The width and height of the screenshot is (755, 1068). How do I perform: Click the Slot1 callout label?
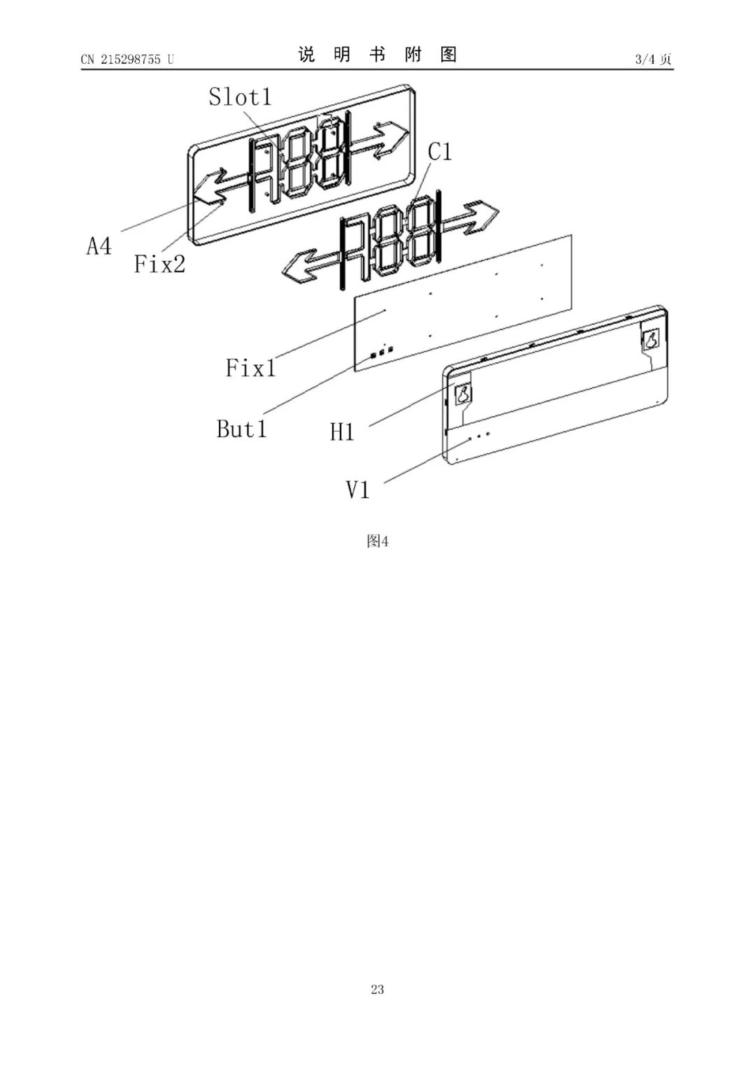[x=240, y=97]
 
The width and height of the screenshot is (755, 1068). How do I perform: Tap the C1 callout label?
[x=440, y=151]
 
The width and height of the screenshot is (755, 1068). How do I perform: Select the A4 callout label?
[x=99, y=246]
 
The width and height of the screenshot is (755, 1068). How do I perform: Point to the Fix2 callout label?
[x=159, y=264]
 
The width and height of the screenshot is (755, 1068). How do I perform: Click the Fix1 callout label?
[x=250, y=367]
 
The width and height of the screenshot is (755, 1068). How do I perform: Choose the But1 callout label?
[x=241, y=428]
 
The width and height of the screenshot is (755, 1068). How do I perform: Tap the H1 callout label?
[x=342, y=432]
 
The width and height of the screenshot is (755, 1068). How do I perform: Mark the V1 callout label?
[x=357, y=490]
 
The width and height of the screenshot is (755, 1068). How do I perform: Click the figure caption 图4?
[x=377, y=541]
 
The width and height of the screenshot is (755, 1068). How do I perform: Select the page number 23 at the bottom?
[x=377, y=989]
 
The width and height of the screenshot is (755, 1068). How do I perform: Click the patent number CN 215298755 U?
[x=127, y=59]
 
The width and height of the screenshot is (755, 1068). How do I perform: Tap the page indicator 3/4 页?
[x=653, y=59]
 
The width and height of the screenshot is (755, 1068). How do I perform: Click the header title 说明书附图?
[x=377, y=55]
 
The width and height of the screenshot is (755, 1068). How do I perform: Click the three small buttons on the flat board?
[x=382, y=353]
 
